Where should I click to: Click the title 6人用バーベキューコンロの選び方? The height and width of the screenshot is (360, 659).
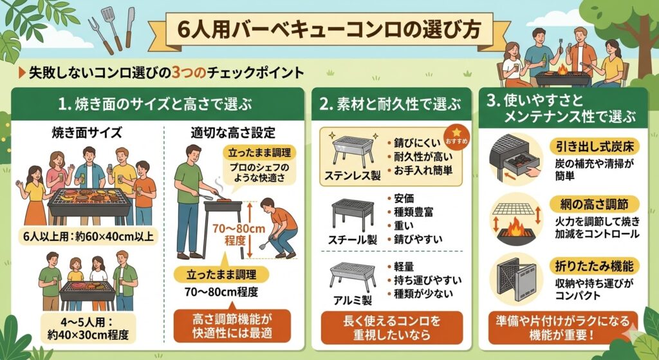pos(329,30)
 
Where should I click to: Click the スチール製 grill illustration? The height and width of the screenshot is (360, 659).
pos(352,214)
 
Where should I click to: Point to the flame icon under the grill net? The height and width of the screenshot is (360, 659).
pos(517,228)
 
